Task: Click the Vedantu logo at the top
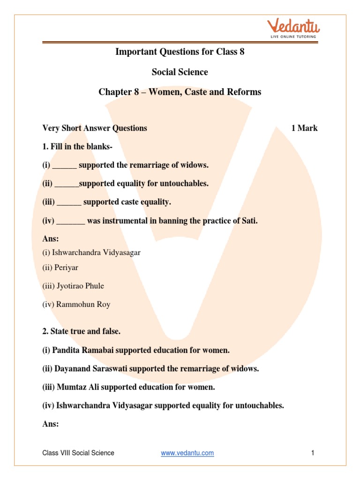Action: (292, 28)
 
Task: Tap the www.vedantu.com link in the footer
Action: (187, 453)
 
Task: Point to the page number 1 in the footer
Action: (312, 453)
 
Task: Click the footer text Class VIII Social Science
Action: (78, 453)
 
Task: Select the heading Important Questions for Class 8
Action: (180, 52)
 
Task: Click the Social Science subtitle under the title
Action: (180, 72)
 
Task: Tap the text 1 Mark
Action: (304, 128)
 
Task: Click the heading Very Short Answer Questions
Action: (95, 128)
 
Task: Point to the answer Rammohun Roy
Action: (83, 304)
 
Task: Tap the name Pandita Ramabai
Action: (85, 350)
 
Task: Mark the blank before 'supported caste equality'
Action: (69, 202)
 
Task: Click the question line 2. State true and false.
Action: (82, 331)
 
